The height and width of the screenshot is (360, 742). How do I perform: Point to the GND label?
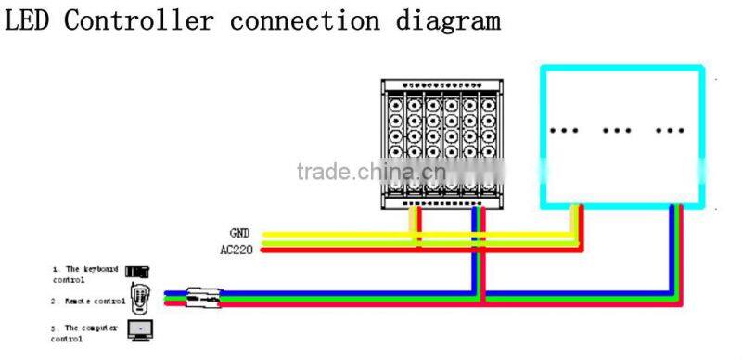(x=240, y=233)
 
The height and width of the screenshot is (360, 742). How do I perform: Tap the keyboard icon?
(x=137, y=272)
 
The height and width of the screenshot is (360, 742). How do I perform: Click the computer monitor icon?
(x=139, y=328)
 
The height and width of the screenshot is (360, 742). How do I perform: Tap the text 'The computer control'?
(x=86, y=332)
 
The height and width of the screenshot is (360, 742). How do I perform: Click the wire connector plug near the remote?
(x=201, y=297)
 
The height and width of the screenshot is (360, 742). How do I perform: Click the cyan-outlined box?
(x=621, y=135)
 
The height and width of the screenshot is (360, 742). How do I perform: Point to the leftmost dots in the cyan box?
(x=563, y=130)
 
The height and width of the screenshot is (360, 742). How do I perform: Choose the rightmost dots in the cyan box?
(x=671, y=130)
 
